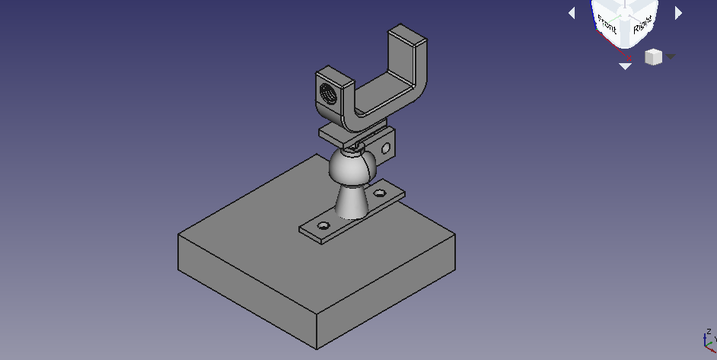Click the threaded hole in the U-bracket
point(327,94)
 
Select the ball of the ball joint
point(352,167)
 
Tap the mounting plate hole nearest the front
point(323,225)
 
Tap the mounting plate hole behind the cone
point(380,193)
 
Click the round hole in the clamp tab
point(385,148)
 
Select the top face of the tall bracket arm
point(407,35)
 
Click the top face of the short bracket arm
point(335,75)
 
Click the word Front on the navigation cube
point(607,24)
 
